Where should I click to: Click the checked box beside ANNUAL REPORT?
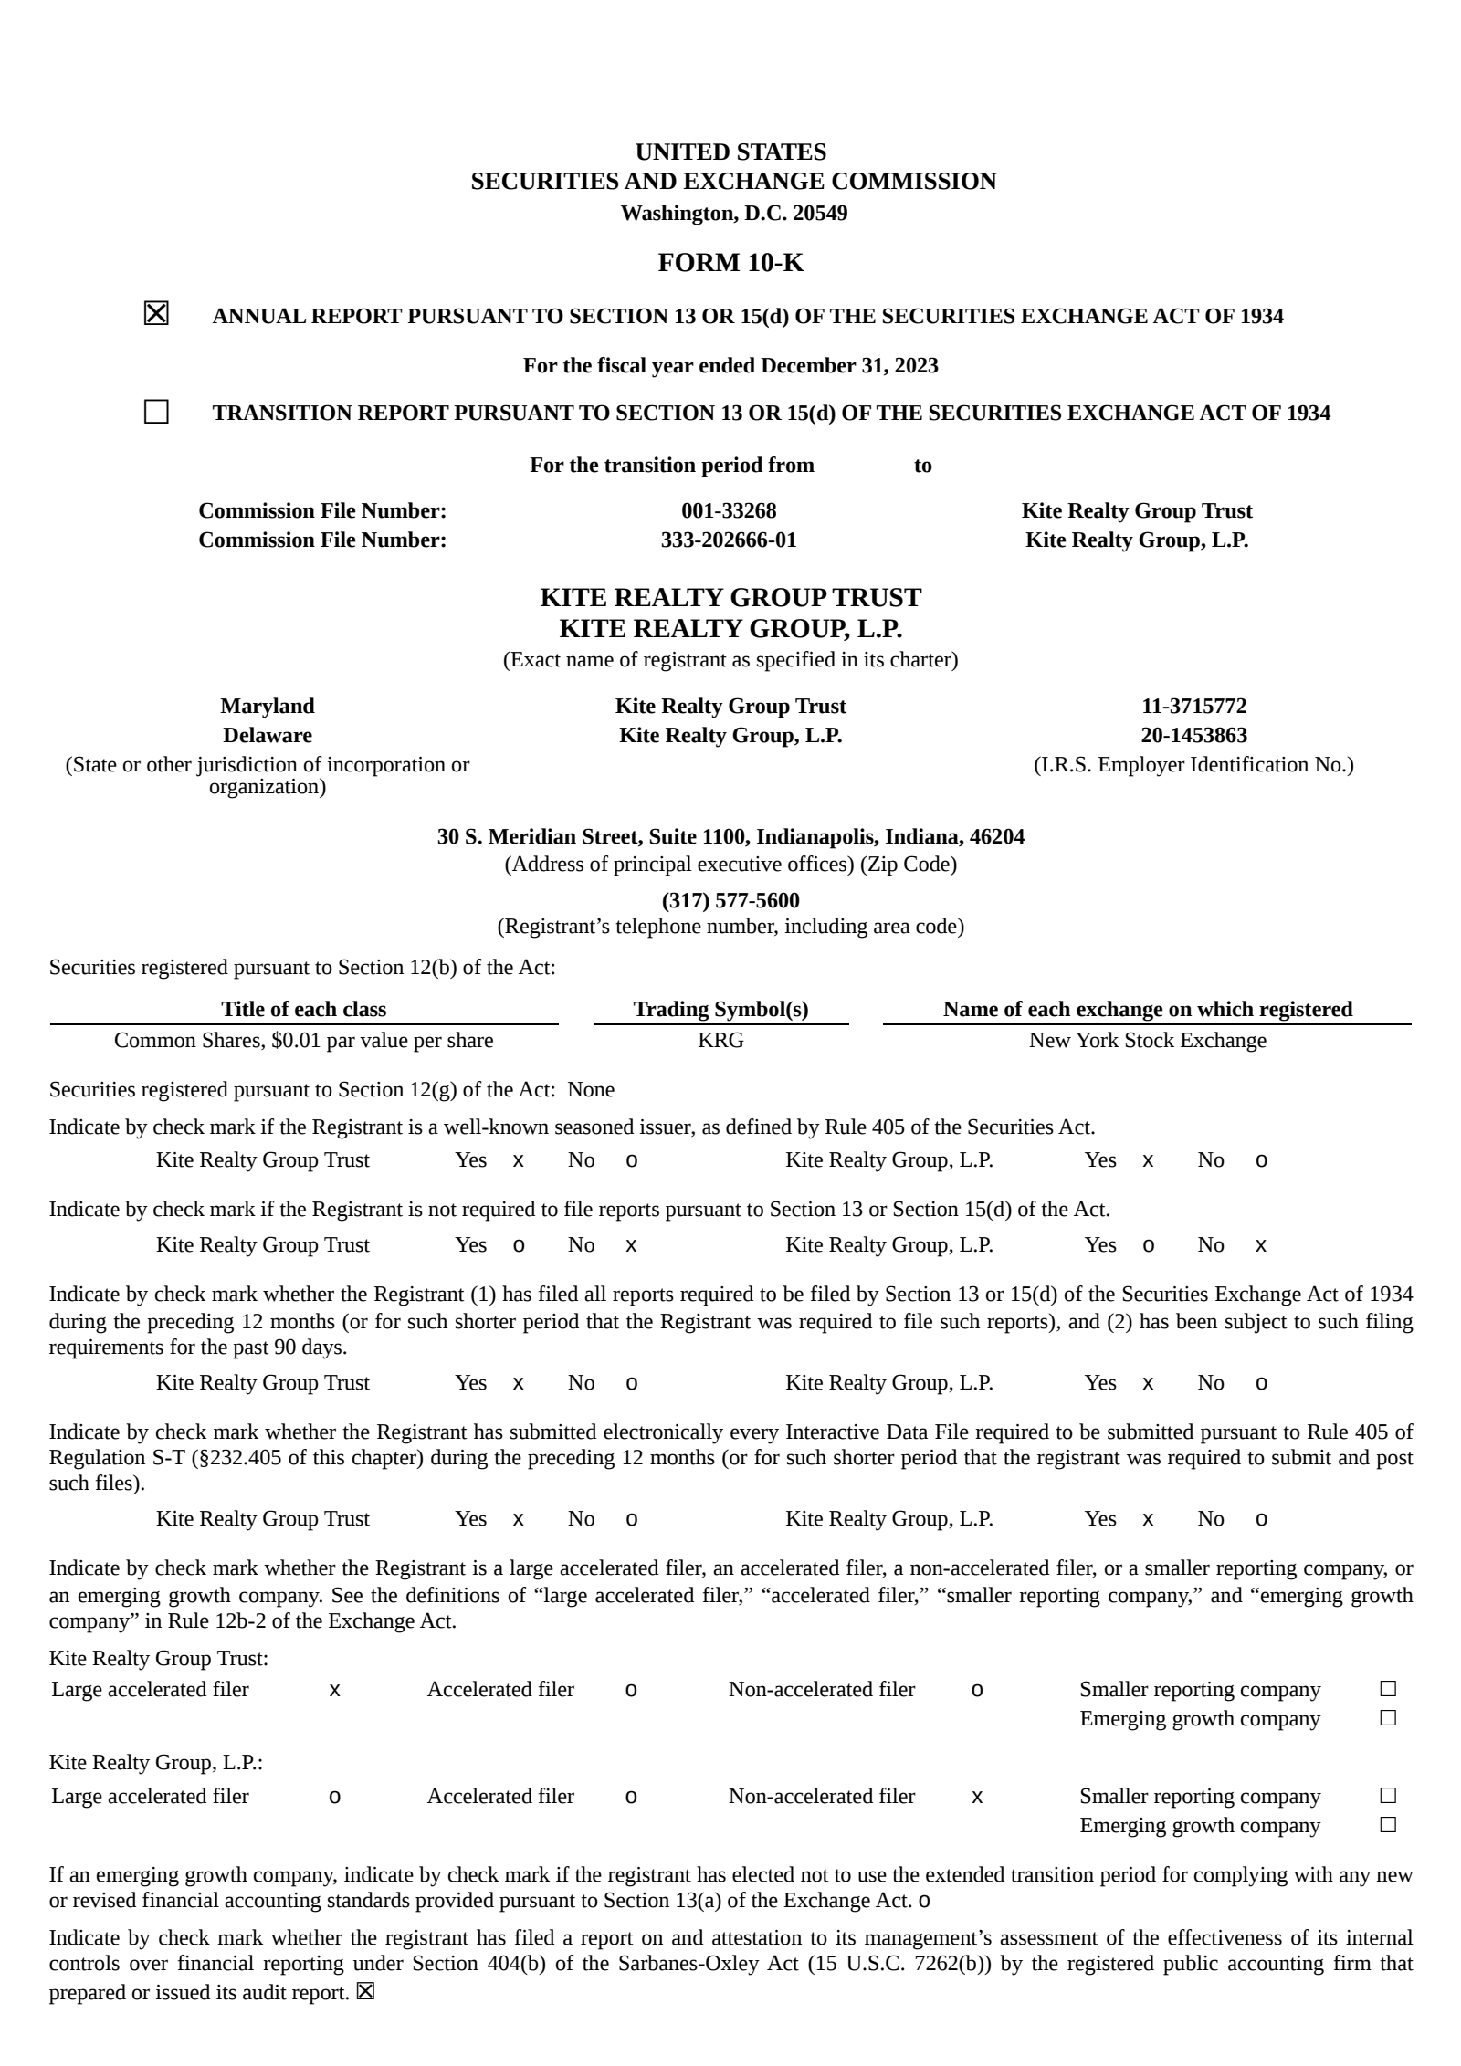pyautogui.click(x=156, y=314)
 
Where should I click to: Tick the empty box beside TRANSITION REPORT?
pyautogui.click(x=156, y=412)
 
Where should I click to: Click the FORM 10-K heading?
pyautogui.click(x=730, y=263)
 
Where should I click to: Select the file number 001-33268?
pyautogui.click(x=729, y=510)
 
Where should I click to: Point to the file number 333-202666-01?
pyautogui.click(x=729, y=540)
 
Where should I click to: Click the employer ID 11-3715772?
pyautogui.click(x=1193, y=706)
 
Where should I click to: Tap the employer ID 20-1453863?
pyautogui.click(x=1193, y=735)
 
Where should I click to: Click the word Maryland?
pyautogui.click(x=267, y=706)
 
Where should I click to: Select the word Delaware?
pyautogui.click(x=267, y=735)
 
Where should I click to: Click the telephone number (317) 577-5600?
pyautogui.click(x=730, y=900)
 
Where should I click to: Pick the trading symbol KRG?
pyautogui.click(x=720, y=1040)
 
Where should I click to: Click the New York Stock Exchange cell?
pyautogui.click(x=1147, y=1040)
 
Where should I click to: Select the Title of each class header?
pyautogui.click(x=303, y=1009)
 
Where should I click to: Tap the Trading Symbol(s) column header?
pyautogui.click(x=720, y=1009)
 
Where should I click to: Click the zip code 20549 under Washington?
pyautogui.click(x=819, y=213)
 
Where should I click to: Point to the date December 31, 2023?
pyautogui.click(x=849, y=365)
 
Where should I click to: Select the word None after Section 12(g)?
pyautogui.click(x=591, y=1089)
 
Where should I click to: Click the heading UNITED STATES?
pyautogui.click(x=730, y=152)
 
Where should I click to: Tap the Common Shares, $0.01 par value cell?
pyautogui.click(x=303, y=1040)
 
